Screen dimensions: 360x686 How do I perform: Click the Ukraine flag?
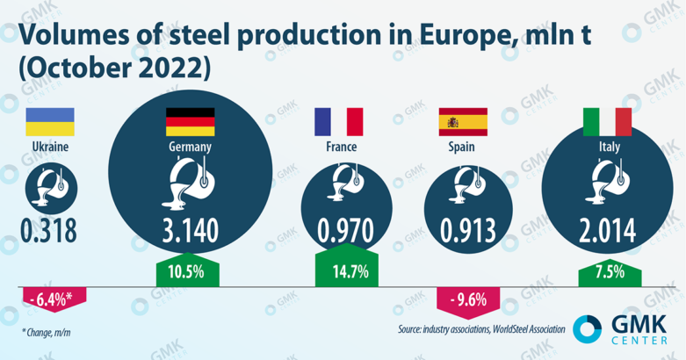[48, 122]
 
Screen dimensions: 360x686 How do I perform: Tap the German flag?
[190, 122]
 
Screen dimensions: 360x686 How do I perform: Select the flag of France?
[338, 122]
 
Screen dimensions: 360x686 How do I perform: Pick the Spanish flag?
[462, 122]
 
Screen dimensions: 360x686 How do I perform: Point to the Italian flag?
[607, 122]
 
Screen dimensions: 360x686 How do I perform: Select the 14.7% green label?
[338, 271]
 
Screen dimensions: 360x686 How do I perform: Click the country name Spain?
[462, 147]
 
